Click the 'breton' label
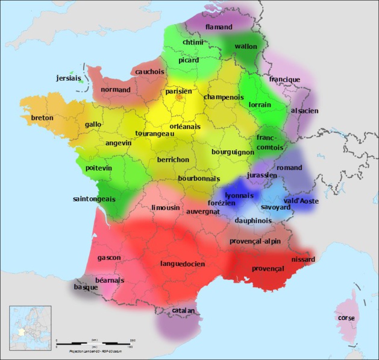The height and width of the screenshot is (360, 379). coord(42,118)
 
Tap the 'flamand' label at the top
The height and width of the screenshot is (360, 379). coord(219,27)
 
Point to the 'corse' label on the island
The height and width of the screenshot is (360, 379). coord(346,318)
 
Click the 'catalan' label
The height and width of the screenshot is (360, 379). coord(183,311)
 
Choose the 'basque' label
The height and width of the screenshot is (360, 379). coord(86,288)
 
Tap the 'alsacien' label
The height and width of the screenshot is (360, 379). coord(304,111)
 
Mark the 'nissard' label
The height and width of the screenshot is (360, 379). coord(303,259)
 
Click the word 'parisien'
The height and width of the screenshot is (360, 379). coord(179,91)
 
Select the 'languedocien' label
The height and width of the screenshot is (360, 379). coord(183,264)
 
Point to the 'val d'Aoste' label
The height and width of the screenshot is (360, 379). coord(301,200)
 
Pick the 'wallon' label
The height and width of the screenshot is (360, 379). coord(246,46)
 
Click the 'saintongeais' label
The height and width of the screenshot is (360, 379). coord(94,198)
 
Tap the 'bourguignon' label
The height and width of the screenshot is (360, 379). coord(233,153)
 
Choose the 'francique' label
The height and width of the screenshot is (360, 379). coord(285,79)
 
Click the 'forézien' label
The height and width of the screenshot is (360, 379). coord(221,203)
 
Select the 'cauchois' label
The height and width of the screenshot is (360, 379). coord(149,71)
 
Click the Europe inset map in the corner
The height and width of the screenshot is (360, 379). coord(30,327)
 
